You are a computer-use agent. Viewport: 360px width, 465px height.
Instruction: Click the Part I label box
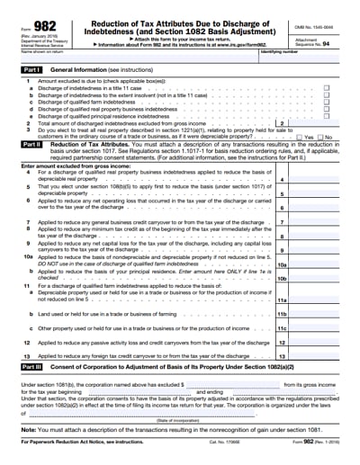point(32,68)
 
